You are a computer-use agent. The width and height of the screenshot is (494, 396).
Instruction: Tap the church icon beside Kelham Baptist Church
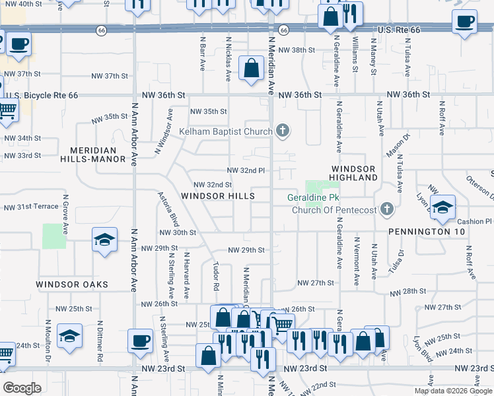coord(283,131)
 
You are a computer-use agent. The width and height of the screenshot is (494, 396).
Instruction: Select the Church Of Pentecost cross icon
coord(388,210)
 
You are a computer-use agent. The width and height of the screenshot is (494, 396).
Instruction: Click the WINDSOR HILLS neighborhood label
coord(218,197)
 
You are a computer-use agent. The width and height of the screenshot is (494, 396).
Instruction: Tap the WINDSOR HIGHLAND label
coord(354,174)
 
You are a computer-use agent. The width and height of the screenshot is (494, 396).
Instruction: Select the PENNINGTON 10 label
coord(427,232)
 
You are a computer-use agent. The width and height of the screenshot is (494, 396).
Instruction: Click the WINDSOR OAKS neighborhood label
coord(72,284)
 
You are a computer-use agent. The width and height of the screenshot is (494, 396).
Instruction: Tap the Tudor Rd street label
coord(216,277)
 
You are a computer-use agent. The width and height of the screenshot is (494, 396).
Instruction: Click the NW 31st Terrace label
coord(31,207)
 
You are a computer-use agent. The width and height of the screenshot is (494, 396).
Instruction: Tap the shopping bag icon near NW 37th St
coord(251,68)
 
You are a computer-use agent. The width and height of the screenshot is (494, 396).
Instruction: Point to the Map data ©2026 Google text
coord(452,391)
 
